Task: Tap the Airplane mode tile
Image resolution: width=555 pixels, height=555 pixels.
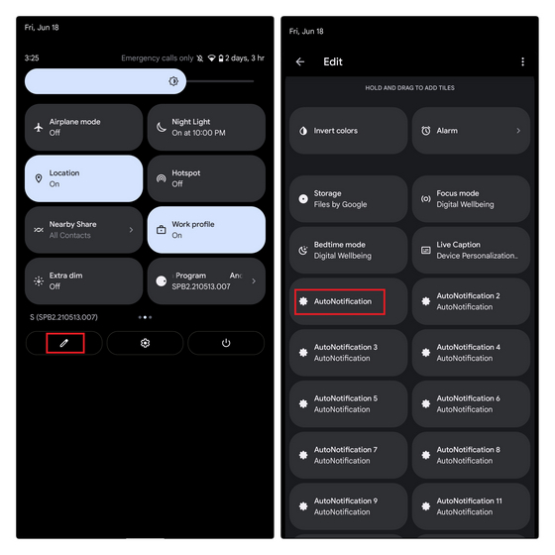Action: coord(83,127)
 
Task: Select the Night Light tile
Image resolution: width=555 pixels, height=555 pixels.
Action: coord(205,127)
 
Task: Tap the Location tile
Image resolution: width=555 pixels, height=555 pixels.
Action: coord(83,178)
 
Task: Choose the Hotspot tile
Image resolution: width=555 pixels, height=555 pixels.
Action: coord(205,178)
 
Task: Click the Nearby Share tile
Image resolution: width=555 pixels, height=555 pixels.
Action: coord(83,230)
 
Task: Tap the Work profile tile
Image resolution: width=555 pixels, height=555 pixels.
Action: coord(205,230)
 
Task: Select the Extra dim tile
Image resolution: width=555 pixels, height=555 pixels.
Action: coord(83,280)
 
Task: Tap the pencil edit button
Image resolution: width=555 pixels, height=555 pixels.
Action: coord(64,343)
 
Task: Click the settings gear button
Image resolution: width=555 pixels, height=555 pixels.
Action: coord(145,343)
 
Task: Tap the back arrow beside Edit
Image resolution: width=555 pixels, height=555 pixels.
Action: coord(300,61)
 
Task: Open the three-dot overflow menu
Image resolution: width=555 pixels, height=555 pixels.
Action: coord(522,61)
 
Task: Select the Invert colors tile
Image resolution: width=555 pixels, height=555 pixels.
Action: coord(348,131)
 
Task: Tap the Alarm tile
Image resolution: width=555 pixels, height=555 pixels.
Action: coord(471,131)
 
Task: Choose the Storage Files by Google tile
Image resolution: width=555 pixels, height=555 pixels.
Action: coord(348,199)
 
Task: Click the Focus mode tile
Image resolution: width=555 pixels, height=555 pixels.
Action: coord(471,199)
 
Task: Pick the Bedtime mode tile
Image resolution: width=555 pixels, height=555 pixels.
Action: coord(348,250)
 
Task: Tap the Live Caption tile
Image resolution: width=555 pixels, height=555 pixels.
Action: coord(471,250)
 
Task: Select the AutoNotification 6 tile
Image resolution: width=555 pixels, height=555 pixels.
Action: coord(471,404)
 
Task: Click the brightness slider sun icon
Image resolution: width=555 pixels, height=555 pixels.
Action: coord(173,81)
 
